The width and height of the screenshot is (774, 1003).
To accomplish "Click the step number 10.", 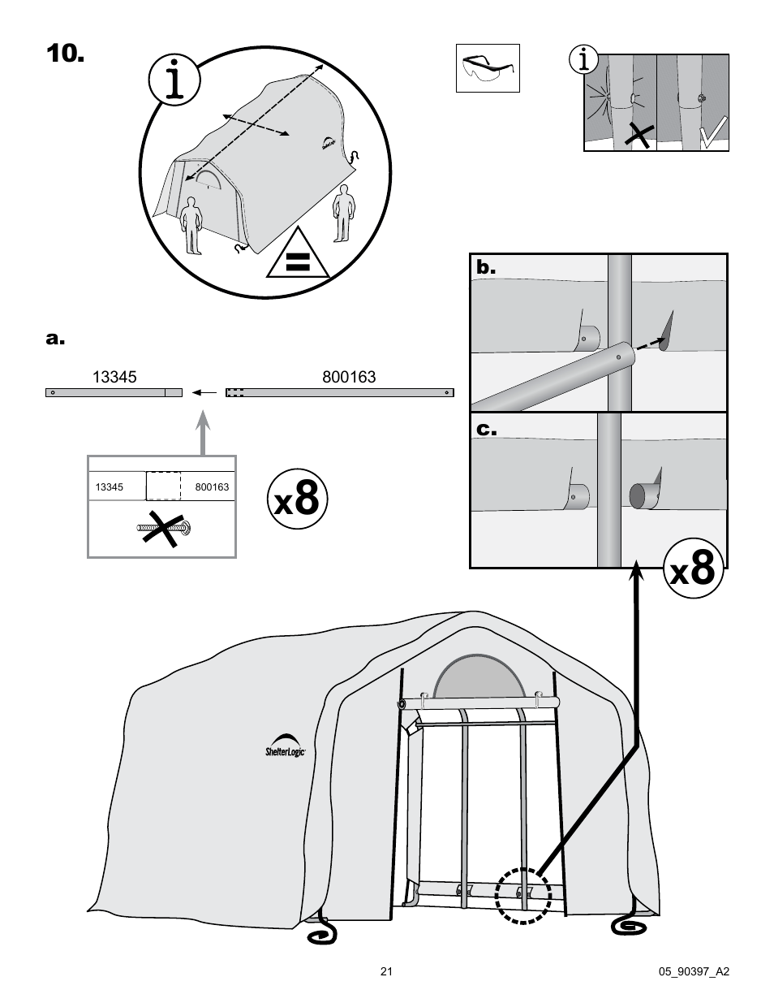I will pos(64,54).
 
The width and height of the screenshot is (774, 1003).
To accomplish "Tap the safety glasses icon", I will pos(488,68).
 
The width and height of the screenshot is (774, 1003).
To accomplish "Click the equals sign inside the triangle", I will pos(298,261).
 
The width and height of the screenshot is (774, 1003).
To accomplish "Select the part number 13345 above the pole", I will pos(114,377).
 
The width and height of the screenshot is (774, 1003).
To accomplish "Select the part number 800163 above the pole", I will pos(349,377).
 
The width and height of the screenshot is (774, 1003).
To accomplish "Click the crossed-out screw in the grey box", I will pos(166,530).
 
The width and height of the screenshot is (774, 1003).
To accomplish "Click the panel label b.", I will pos(485,268).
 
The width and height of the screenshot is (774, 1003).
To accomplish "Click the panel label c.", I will pos(485,428).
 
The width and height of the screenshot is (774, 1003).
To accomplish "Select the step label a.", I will pos(54,338).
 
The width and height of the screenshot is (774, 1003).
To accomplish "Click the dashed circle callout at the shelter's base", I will pos(523,896).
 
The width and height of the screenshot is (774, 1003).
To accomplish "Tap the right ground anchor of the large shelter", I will pos(630,925).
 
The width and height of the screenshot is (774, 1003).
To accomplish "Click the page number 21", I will pos(386,971).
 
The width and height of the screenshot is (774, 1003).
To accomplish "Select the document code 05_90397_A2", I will pos(697,971).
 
